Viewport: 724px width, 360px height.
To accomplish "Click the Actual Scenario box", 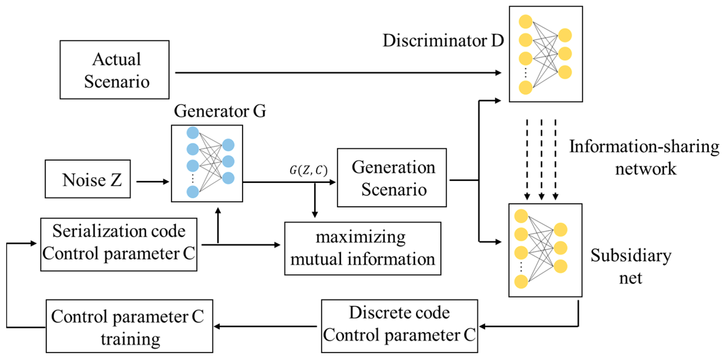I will pyautogui.click(x=114, y=70).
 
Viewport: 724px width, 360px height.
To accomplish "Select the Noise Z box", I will pyautogui.click(x=88, y=179).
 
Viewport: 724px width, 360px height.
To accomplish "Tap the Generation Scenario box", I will pyautogui.click(x=392, y=178).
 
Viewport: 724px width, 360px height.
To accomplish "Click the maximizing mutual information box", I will pyautogui.click(x=363, y=248).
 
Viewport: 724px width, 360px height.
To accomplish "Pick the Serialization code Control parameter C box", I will pyautogui.click(x=119, y=244).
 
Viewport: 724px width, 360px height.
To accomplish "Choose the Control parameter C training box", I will pyautogui.click(x=129, y=326).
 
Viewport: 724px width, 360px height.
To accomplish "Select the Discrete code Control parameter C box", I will pyautogui.click(x=399, y=326).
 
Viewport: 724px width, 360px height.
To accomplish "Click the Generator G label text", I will pyautogui.click(x=220, y=111).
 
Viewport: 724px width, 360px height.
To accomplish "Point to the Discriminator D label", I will pyautogui.click(x=443, y=41).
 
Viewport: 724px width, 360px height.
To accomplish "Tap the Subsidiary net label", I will pyautogui.click(x=631, y=266).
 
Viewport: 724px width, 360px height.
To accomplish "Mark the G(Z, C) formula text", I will pyautogui.click(x=309, y=170).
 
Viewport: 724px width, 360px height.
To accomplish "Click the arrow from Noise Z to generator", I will pyautogui.click(x=152, y=182).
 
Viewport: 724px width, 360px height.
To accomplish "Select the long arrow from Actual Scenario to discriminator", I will pyautogui.click(x=337, y=73).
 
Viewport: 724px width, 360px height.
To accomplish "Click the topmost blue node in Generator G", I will pyautogui.click(x=193, y=133).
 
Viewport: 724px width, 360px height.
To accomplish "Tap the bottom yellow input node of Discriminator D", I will pyautogui.click(x=525, y=88).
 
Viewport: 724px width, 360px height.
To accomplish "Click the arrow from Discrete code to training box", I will pyautogui.click(x=266, y=327).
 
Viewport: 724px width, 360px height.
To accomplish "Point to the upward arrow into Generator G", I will pyautogui.click(x=218, y=225).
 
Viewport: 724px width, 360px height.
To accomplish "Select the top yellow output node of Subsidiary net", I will pyautogui.click(x=560, y=230).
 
